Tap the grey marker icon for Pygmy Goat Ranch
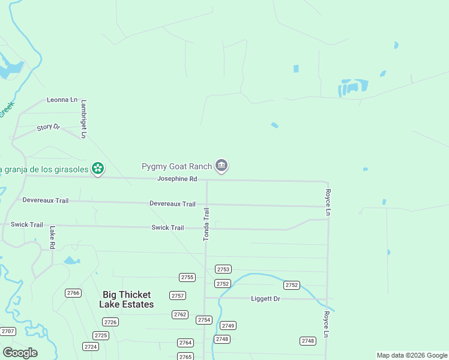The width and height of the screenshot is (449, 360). [x=221, y=166]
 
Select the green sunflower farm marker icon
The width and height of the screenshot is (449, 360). [x=97, y=169]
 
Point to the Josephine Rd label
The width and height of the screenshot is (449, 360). [x=177, y=179]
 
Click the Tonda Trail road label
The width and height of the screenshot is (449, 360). [x=206, y=224]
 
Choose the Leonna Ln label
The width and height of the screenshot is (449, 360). [x=62, y=100]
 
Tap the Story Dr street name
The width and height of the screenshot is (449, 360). [x=49, y=127]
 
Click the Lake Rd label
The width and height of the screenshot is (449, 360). [x=52, y=237]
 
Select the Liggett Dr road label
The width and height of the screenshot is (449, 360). [x=265, y=298]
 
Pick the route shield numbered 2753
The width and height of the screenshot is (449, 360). [x=223, y=269]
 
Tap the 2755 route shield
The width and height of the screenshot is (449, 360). [x=187, y=277]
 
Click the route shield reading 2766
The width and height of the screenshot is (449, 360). [x=73, y=293]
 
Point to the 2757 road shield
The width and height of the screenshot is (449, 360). [x=178, y=295]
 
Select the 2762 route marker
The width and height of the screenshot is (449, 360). [x=180, y=314]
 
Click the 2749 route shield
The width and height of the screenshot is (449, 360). [x=228, y=325]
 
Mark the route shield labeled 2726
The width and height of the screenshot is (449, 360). [x=110, y=322]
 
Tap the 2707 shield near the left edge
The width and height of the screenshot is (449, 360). [x=8, y=331]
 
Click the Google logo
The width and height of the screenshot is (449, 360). [x=20, y=353]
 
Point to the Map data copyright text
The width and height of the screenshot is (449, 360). [x=412, y=355]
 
